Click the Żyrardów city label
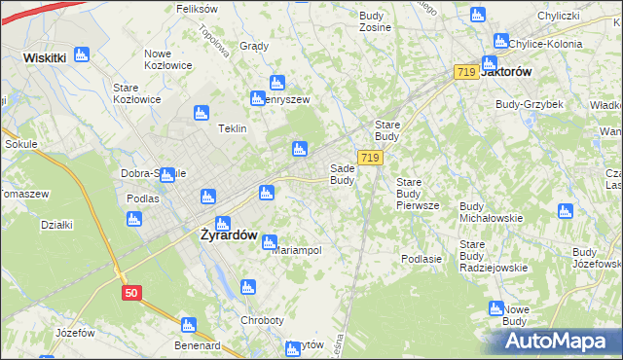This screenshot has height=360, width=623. pos(228,235)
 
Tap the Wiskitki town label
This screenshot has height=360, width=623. pos(45,57)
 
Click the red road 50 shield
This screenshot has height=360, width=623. pos(131,292)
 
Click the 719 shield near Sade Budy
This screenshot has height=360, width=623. pos(368,158)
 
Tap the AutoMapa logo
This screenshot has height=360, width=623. pos(556,342)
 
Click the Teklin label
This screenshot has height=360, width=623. pos(232,128)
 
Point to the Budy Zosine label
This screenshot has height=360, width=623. pos(375,21)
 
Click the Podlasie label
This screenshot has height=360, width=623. pos(421,259)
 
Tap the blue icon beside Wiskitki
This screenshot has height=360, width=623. pos(82,54)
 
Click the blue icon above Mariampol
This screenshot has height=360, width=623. pos(270,241)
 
